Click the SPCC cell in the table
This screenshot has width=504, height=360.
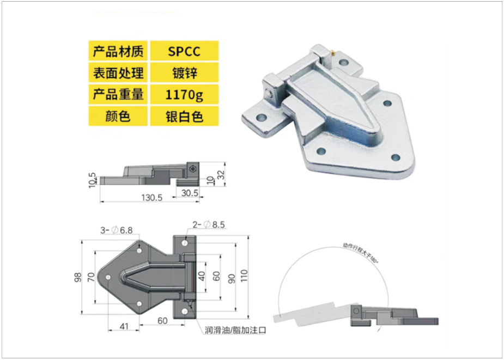(184, 52)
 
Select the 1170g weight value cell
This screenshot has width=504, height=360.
(184, 95)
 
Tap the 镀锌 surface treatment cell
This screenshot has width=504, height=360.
(184, 73)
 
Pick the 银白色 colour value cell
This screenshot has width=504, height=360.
(184, 116)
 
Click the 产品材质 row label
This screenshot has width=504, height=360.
(118, 52)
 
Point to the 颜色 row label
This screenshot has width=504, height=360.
(118, 116)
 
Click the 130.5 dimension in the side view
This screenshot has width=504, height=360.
(152, 198)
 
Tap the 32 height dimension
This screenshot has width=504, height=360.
(221, 174)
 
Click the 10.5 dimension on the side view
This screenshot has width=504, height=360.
(93, 180)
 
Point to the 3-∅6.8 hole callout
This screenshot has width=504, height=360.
(116, 230)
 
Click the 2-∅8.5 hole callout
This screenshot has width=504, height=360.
(208, 225)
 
